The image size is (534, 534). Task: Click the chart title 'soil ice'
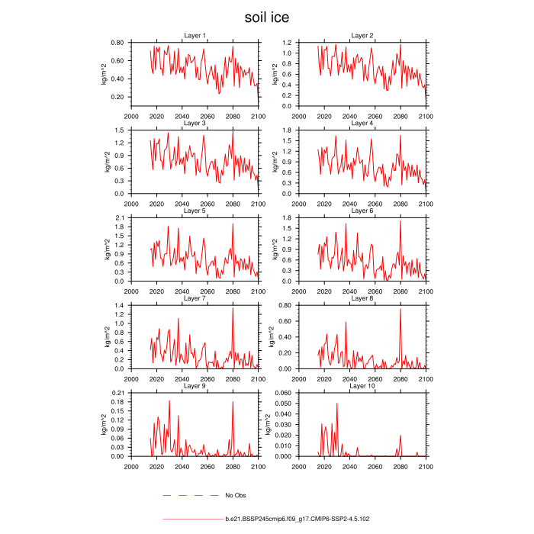pyautogui.click(x=266, y=17)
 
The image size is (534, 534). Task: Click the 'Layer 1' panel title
pyautogui.click(x=195, y=36)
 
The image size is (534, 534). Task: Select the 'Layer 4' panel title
pyautogui.click(x=362, y=123)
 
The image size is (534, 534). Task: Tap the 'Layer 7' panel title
pyautogui.click(x=195, y=298)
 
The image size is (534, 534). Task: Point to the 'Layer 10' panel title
pyautogui.click(x=362, y=386)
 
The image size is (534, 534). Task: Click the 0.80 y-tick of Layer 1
pyautogui.click(x=116, y=42)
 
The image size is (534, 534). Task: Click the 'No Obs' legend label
pyautogui.click(x=235, y=496)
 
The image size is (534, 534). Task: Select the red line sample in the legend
pyautogui.click(x=192, y=519)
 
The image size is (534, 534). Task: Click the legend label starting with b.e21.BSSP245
pyautogui.click(x=298, y=519)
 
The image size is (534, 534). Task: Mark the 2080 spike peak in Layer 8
pyautogui.click(x=400, y=309)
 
